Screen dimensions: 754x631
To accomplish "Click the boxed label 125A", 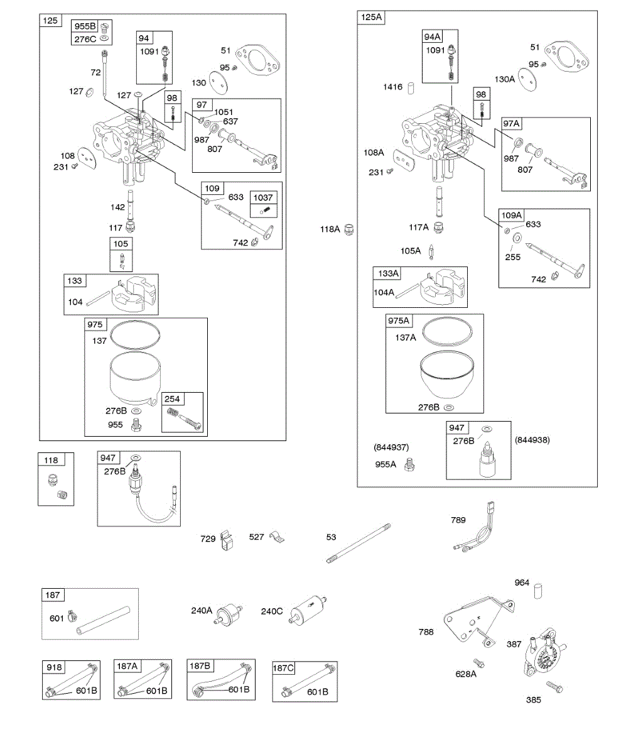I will [371, 18].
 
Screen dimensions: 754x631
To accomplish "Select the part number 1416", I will [393, 87].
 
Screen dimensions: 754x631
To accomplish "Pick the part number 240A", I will [202, 610].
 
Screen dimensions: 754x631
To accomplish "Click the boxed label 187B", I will [200, 665].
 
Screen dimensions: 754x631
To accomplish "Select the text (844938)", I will [532, 440].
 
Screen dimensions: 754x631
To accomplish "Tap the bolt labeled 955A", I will [411, 466].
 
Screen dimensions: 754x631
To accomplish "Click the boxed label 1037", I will [262, 197].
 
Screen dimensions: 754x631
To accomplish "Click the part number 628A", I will [466, 674].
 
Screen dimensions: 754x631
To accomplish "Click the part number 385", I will [534, 699].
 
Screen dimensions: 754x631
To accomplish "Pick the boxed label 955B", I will [85, 27].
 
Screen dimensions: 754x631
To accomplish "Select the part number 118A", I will [330, 229].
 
